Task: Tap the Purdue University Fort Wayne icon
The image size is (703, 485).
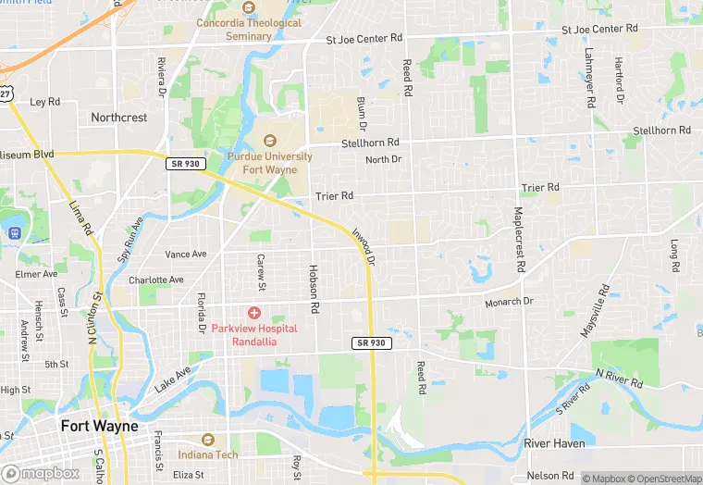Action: click(270, 141)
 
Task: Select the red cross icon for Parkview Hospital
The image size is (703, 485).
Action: click(253, 314)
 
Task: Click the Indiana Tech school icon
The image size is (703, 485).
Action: click(207, 440)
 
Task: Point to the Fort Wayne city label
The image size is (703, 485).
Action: click(99, 427)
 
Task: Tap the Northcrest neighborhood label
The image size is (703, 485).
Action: click(118, 118)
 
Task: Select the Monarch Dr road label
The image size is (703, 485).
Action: click(509, 302)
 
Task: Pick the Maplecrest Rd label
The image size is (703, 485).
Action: click(519, 239)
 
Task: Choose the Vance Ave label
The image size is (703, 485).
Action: click(185, 254)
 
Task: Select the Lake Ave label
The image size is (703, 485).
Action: click(172, 377)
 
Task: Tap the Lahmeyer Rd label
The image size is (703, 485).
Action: click(588, 70)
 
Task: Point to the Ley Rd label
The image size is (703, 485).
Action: click(44, 102)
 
